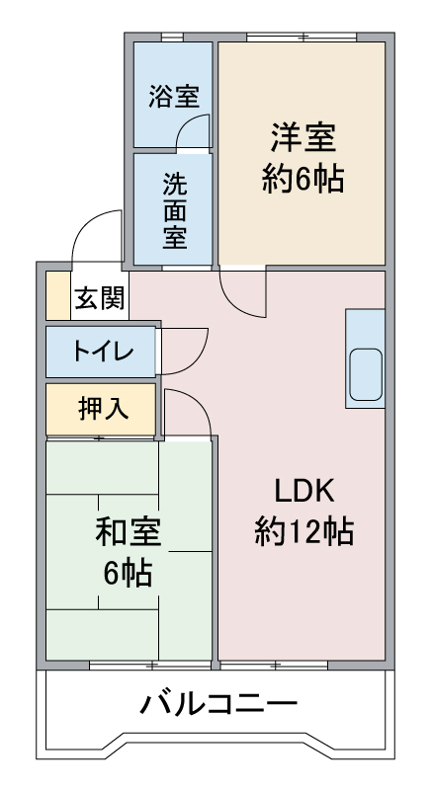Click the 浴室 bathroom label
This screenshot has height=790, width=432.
[174, 96]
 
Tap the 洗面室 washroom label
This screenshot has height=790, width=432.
[174, 211]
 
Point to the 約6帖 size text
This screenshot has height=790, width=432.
[302, 178]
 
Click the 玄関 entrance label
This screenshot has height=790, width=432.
[99, 299]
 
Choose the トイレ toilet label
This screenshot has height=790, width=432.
[103, 352]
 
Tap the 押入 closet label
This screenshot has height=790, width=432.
[104, 409]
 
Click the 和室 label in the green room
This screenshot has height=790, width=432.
[129, 533]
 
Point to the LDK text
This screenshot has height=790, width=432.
[303, 491]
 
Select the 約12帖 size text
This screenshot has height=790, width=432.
[303, 531]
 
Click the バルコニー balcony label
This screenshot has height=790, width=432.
[218, 704]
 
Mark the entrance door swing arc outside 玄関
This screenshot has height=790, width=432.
[87, 222]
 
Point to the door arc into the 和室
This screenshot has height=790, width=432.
[199, 402]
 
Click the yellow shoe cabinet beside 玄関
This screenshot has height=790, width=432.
[58, 295]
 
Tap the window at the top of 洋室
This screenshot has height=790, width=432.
[302, 37]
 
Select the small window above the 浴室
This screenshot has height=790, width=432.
[172, 37]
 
